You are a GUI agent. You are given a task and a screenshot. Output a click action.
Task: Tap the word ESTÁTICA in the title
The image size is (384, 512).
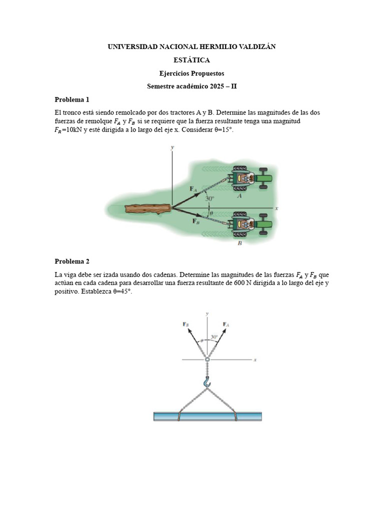(x=191, y=60)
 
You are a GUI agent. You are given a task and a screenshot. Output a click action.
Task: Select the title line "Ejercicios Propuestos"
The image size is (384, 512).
(x=191, y=73)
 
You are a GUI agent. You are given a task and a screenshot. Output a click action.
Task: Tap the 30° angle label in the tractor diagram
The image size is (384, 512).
(x=209, y=198)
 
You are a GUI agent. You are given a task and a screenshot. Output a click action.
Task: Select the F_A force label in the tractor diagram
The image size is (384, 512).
(x=193, y=188)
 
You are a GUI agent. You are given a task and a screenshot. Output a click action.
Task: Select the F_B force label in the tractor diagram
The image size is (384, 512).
(x=196, y=220)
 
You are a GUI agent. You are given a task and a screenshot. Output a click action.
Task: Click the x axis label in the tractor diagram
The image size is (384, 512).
(x=276, y=207)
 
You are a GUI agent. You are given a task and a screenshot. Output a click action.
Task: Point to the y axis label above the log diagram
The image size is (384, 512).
(x=172, y=147)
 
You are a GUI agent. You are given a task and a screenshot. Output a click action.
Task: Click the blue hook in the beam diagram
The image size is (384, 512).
(x=207, y=383)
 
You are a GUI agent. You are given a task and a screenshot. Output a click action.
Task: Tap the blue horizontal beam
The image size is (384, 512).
(x=207, y=416)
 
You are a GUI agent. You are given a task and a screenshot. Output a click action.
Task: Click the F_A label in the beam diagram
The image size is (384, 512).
(x=226, y=324)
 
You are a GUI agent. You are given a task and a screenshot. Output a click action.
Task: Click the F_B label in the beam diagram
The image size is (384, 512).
(x=186, y=324)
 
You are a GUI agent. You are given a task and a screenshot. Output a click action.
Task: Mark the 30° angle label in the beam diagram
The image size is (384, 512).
(x=214, y=337)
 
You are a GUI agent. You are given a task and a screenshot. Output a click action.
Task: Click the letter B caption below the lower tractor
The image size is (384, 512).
(x=239, y=243)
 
